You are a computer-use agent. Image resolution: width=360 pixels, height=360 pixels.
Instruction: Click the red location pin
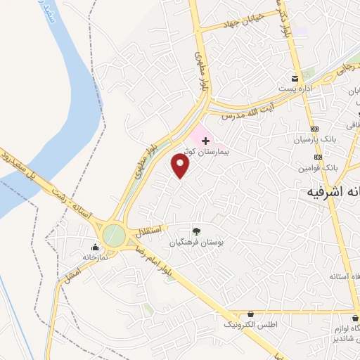pos(181,165)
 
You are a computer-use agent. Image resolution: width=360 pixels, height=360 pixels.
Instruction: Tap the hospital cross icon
pos(205,141)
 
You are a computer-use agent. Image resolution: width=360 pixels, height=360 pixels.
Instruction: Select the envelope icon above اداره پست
pos(295,78)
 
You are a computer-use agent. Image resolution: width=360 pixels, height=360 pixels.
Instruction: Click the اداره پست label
pos(295,89)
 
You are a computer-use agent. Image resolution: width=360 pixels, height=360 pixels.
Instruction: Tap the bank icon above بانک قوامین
pos(319,157)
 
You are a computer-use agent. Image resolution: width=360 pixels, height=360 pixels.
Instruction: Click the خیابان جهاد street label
pos(242,21)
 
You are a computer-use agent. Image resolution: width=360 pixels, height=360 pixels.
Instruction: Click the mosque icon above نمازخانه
pos(95,247)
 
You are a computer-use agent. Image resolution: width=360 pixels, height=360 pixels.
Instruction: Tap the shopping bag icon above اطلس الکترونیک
pos(251,314)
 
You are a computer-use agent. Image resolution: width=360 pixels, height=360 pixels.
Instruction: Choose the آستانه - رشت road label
pos(70,201)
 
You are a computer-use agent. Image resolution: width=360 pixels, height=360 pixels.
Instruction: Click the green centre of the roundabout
pos(113,234)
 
